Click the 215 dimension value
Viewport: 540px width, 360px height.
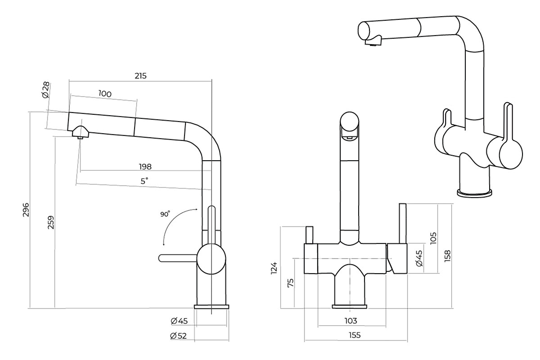140,76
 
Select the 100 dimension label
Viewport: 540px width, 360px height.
104,94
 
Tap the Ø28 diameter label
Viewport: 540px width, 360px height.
45,90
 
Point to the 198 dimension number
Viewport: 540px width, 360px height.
145,166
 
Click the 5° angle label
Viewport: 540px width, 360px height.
144,181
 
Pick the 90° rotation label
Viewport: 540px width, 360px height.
165,215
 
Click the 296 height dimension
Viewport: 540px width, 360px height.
26,209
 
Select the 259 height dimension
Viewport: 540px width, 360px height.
51,223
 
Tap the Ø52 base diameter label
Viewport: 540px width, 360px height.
179,335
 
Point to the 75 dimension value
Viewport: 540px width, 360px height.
290,283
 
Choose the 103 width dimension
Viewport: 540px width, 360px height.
351,321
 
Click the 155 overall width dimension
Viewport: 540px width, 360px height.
355,335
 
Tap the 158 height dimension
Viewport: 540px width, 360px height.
447,255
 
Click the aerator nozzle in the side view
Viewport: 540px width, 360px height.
80,133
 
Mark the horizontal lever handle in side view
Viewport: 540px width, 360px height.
178,257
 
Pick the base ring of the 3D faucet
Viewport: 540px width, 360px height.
474,193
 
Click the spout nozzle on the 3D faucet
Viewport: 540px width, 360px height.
373,43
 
